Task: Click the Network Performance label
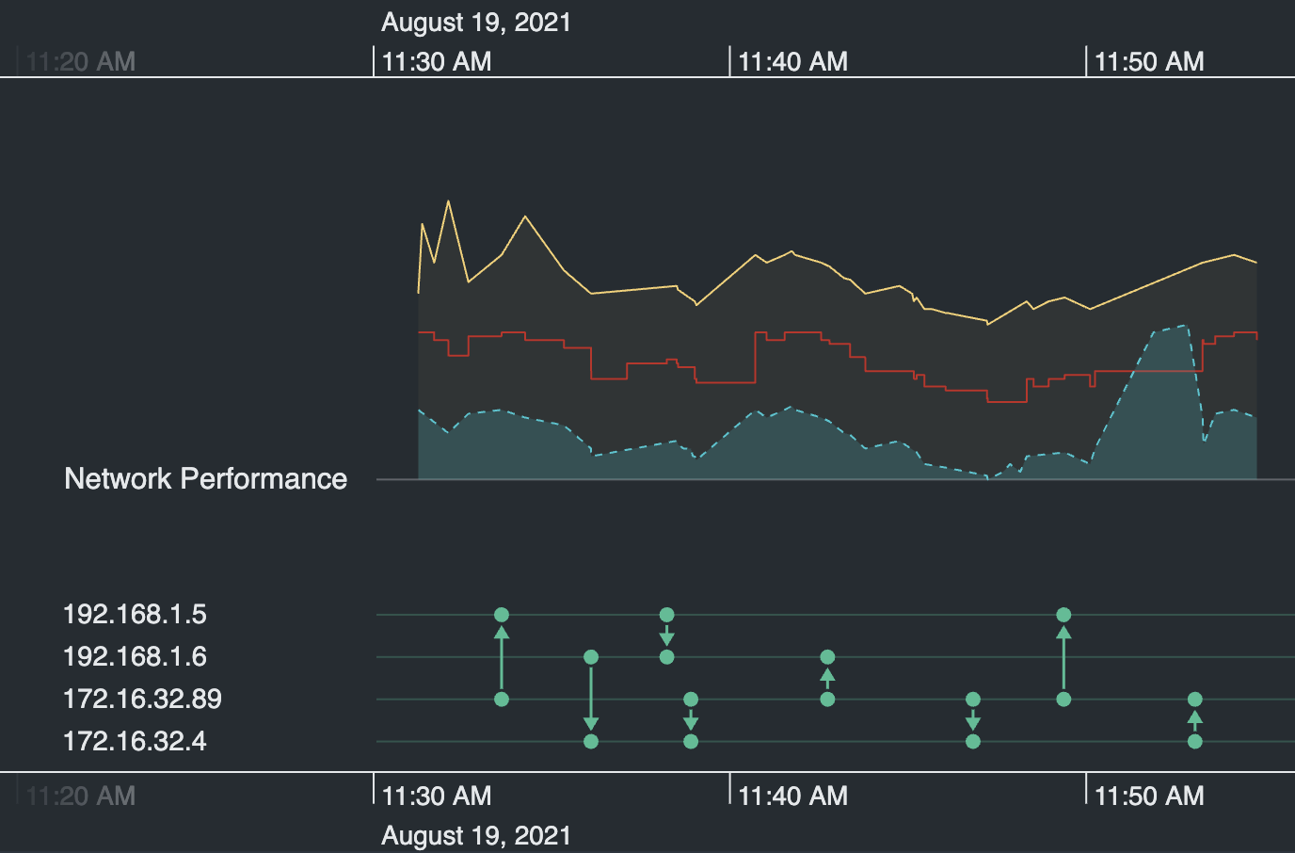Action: (x=205, y=478)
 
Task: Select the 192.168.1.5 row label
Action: (x=135, y=615)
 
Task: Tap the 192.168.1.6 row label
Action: (x=135, y=657)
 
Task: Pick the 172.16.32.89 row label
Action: (x=142, y=700)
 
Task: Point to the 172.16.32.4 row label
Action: (x=135, y=742)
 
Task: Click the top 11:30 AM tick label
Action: (x=437, y=62)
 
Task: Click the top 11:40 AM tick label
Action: (x=792, y=62)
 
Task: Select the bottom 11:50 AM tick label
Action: (x=1149, y=797)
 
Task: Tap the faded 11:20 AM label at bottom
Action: (x=81, y=797)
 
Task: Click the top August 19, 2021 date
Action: (x=476, y=23)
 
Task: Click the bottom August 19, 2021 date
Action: (x=476, y=836)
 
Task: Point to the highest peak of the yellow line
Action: (x=448, y=201)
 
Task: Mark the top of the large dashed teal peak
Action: (x=1184, y=327)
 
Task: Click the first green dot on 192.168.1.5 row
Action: (x=502, y=615)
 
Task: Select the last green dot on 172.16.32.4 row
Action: (x=1195, y=742)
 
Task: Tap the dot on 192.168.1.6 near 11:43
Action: (x=827, y=657)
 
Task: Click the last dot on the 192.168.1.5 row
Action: (x=1063, y=615)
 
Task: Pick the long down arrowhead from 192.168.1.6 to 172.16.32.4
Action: (x=591, y=723)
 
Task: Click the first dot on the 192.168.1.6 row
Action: (x=591, y=657)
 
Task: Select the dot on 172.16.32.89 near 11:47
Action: (x=973, y=700)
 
